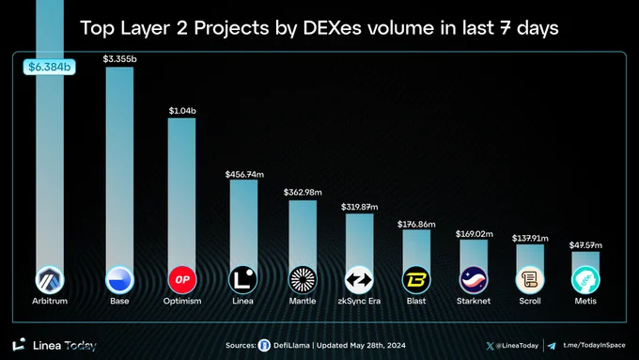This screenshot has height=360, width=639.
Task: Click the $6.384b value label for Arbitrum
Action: [49, 67]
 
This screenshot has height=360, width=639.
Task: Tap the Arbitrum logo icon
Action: [50, 280]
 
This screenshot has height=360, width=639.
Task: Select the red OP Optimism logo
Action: [182, 280]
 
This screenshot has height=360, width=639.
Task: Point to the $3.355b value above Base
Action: [120, 59]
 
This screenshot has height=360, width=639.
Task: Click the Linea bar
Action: [243, 224]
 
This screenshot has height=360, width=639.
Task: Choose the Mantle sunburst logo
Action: [303, 280]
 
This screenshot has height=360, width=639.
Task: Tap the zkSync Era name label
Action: [359, 301]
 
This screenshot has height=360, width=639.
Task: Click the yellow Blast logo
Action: [416, 280]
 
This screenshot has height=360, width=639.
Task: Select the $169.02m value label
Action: [474, 234]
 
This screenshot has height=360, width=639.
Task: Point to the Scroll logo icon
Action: [530, 280]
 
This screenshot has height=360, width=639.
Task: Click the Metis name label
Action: [585, 301]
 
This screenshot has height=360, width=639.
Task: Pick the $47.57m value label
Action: [585, 245]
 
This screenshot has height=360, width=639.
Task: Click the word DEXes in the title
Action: [332, 28]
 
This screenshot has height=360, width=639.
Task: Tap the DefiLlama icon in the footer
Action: [264, 346]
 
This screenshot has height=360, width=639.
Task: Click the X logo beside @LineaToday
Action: [490, 346]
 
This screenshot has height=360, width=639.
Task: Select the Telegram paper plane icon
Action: [552, 346]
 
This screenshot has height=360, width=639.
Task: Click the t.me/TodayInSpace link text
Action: [594, 345]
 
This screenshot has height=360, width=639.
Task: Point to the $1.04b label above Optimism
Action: [182, 111]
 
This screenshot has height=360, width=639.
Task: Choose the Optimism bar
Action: [181, 193]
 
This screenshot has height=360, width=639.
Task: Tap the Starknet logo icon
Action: [474, 280]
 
